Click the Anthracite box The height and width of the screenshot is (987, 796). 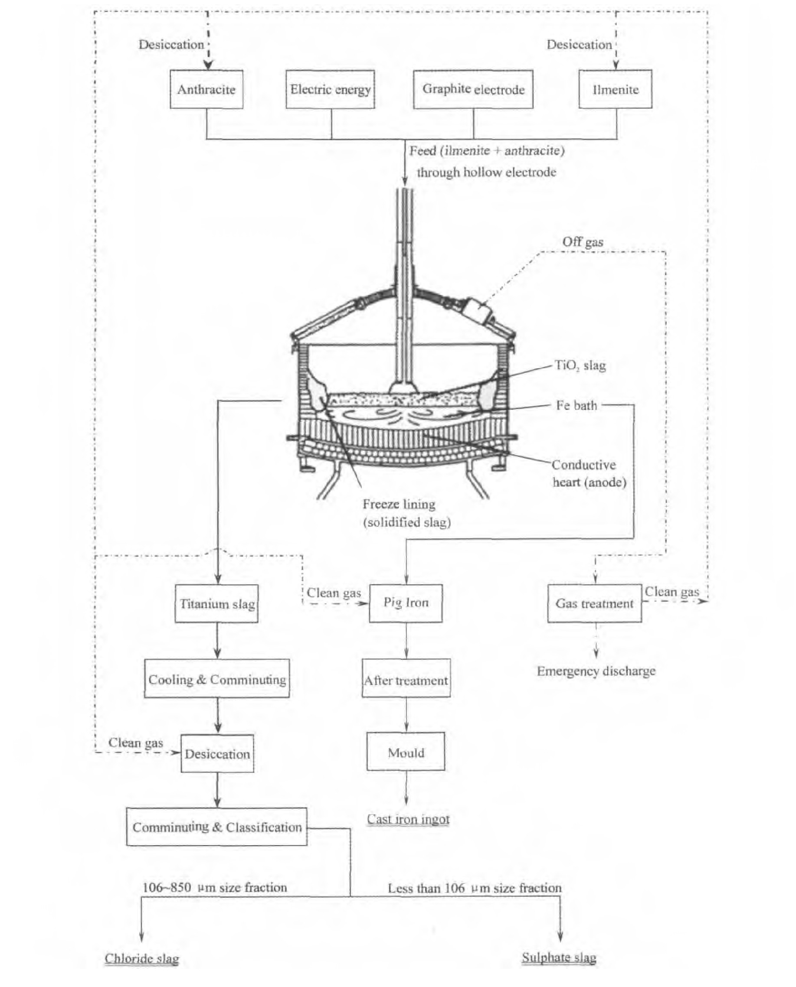tap(206, 89)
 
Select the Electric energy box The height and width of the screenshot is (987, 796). tap(330, 89)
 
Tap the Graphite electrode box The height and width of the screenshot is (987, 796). tap(473, 89)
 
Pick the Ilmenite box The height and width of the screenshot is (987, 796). tap(616, 89)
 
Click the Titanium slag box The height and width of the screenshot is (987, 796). tap(216, 603)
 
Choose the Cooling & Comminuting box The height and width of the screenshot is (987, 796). tap(217, 679)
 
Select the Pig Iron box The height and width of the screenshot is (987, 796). tap(406, 603)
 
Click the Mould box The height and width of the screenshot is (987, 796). tap(406, 753)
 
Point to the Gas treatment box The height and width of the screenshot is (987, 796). tap(595, 603)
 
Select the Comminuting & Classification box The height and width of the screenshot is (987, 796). tap(217, 827)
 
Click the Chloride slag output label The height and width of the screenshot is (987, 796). tap(142, 958)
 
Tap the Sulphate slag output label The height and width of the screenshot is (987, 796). tap(559, 957)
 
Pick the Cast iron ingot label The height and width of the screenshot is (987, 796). tap(408, 819)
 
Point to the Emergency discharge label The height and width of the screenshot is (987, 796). tap(596, 671)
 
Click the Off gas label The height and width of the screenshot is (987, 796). tap(583, 242)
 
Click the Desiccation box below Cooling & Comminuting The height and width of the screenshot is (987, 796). tap(217, 754)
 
